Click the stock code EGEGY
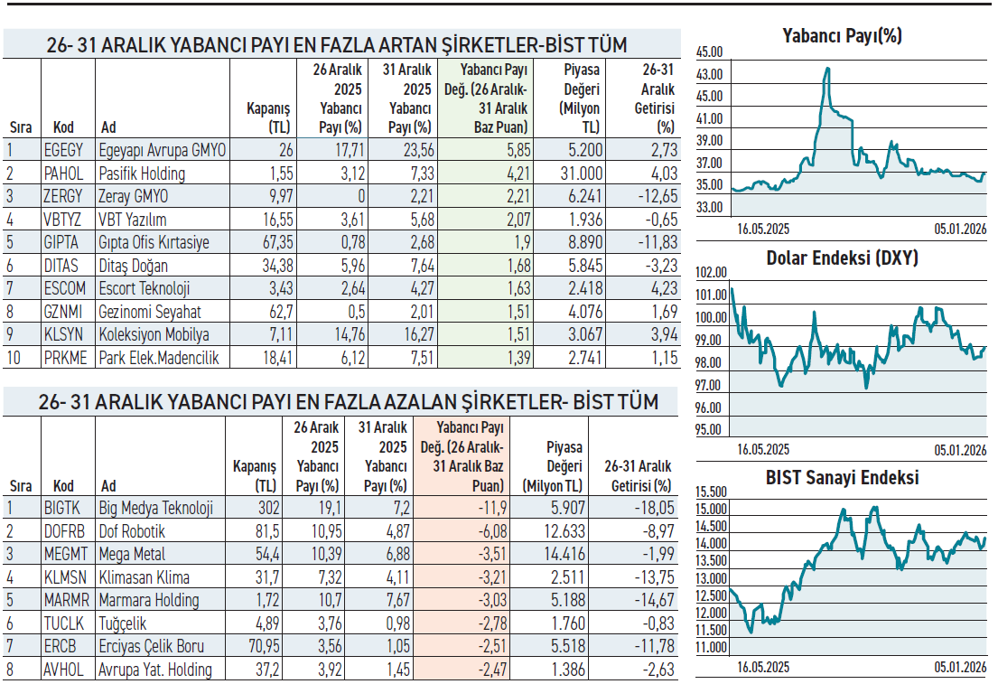(x=63, y=150)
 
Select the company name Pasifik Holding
(x=142, y=173)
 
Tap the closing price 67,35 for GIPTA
(x=275, y=243)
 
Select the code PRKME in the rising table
(x=66, y=359)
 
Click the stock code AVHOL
(x=64, y=670)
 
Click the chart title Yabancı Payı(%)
(x=842, y=36)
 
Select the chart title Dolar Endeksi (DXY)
(x=842, y=258)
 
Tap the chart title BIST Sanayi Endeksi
(x=842, y=477)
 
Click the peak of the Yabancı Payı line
(x=826, y=68)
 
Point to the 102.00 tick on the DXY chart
(x=712, y=273)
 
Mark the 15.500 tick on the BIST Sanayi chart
(x=712, y=492)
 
